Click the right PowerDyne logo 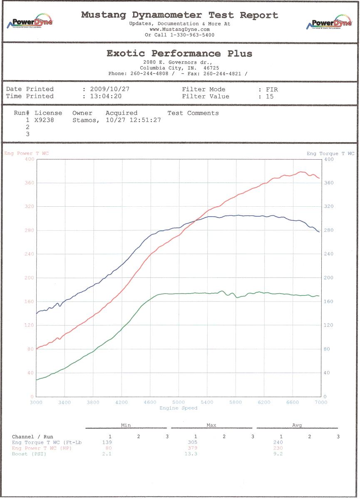pos(328,23)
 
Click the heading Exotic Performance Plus pos(179,53)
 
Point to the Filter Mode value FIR pos(272,89)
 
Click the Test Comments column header pos(193,113)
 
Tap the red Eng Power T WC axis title pos(26,153)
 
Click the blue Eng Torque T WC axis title pos(330,153)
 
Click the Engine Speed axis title pos(178,408)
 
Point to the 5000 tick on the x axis pos(178,403)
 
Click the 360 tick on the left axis pos(29,183)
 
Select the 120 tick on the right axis pos(328,325)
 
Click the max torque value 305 pos(192,442)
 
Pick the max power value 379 pos(192,448)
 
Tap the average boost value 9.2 pos(278,454)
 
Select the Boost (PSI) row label pos(29,454)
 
